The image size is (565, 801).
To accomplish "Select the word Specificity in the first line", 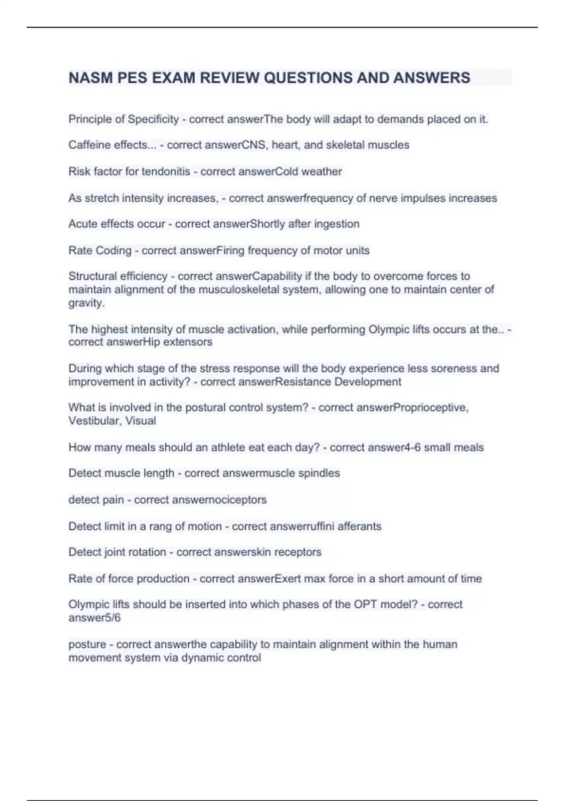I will click(x=153, y=119).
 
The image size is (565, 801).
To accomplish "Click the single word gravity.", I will click(x=85, y=303).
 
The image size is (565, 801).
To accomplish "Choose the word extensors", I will click(x=188, y=342).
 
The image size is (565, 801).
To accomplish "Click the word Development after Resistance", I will click(x=368, y=382).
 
